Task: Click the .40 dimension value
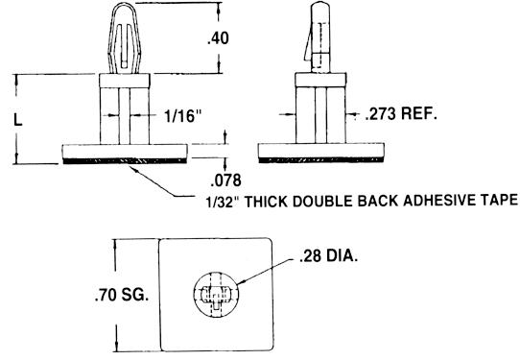click(x=218, y=38)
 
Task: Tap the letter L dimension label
click(x=18, y=119)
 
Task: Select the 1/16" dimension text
click(x=183, y=116)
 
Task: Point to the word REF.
click(x=419, y=114)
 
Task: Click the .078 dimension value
click(x=225, y=180)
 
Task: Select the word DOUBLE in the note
click(x=322, y=201)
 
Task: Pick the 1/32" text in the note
click(x=223, y=202)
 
